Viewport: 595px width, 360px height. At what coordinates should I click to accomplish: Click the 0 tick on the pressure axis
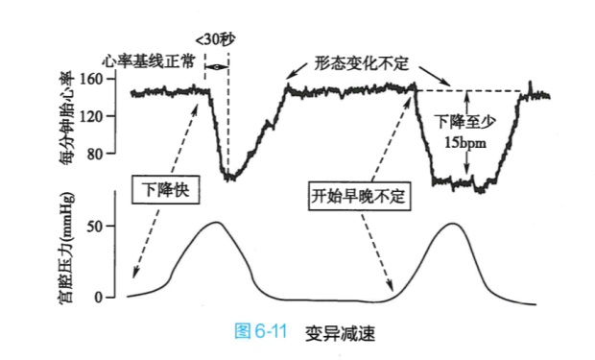click(107, 298)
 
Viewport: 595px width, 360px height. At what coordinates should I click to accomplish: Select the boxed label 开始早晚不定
click(359, 196)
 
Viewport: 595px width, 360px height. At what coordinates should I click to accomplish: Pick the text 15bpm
click(466, 141)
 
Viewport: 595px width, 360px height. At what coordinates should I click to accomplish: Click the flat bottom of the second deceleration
click(464, 182)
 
